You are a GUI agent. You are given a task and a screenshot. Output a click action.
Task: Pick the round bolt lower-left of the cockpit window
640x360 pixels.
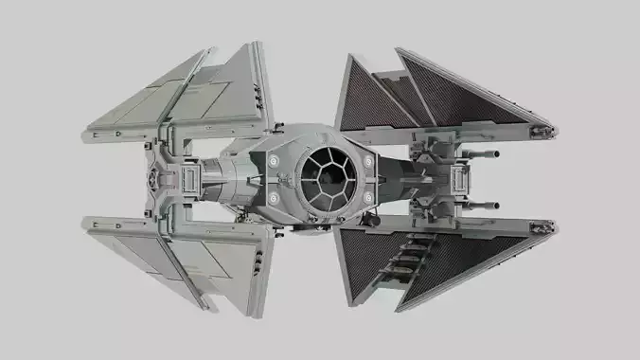[273, 196]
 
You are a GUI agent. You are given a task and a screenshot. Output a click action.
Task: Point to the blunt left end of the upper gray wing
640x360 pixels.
[86, 132]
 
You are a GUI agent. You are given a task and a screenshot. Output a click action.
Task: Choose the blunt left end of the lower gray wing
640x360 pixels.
[86, 224]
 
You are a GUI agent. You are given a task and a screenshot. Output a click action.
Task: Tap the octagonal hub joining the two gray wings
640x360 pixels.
[157, 177]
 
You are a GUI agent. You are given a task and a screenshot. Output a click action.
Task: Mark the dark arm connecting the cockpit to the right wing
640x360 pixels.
[402, 177]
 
